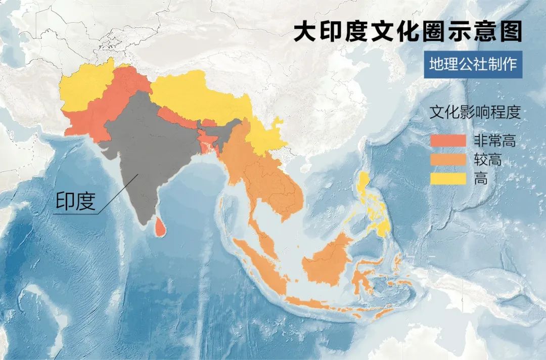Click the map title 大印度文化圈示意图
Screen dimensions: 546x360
click(407, 31)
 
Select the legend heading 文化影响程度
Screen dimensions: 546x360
click(474, 112)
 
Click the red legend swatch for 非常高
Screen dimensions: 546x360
click(447, 141)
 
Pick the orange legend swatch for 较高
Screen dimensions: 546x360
click(447, 160)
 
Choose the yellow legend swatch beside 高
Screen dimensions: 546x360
click(447, 178)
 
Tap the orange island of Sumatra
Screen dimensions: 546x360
click(258, 268)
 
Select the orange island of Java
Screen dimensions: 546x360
click(313, 303)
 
